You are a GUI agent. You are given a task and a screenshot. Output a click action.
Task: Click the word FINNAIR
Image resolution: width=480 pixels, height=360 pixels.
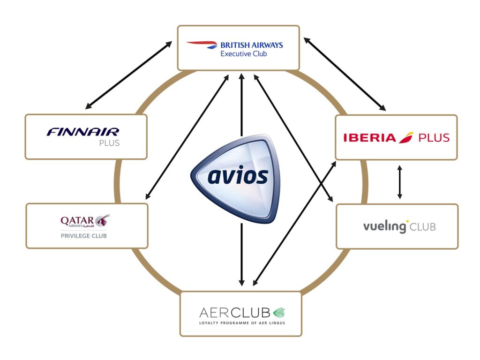pyautogui.click(x=83, y=132)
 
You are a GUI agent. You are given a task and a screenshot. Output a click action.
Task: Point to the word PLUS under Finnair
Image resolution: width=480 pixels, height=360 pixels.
pyautogui.click(x=109, y=143)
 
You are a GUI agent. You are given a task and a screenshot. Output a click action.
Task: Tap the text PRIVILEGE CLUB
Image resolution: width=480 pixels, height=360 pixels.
pyautogui.click(x=83, y=236)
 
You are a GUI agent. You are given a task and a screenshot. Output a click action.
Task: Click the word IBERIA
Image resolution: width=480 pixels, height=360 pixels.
pyautogui.click(x=369, y=138)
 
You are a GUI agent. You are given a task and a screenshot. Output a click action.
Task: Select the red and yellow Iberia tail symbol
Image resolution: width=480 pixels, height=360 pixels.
pyautogui.click(x=406, y=137)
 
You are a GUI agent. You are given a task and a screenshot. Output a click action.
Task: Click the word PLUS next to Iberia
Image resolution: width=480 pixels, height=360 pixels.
pyautogui.click(x=434, y=138)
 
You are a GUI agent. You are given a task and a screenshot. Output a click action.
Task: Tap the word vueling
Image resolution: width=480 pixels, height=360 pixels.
pyautogui.click(x=385, y=227)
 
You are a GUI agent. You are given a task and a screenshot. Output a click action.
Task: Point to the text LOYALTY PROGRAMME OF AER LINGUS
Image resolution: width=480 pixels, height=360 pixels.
pyautogui.click(x=242, y=323)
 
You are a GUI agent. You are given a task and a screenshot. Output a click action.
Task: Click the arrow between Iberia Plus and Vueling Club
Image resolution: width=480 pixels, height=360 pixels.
pyautogui.click(x=399, y=182)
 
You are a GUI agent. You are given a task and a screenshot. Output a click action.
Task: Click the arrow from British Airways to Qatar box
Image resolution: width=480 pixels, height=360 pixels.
pyautogui.click(x=187, y=136)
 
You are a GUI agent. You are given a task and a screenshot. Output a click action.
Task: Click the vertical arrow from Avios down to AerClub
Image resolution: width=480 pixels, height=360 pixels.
pyautogui.click(x=241, y=255)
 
